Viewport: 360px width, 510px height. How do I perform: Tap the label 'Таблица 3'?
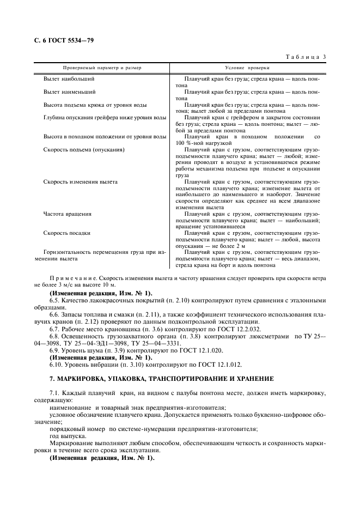tap(306, 57)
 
